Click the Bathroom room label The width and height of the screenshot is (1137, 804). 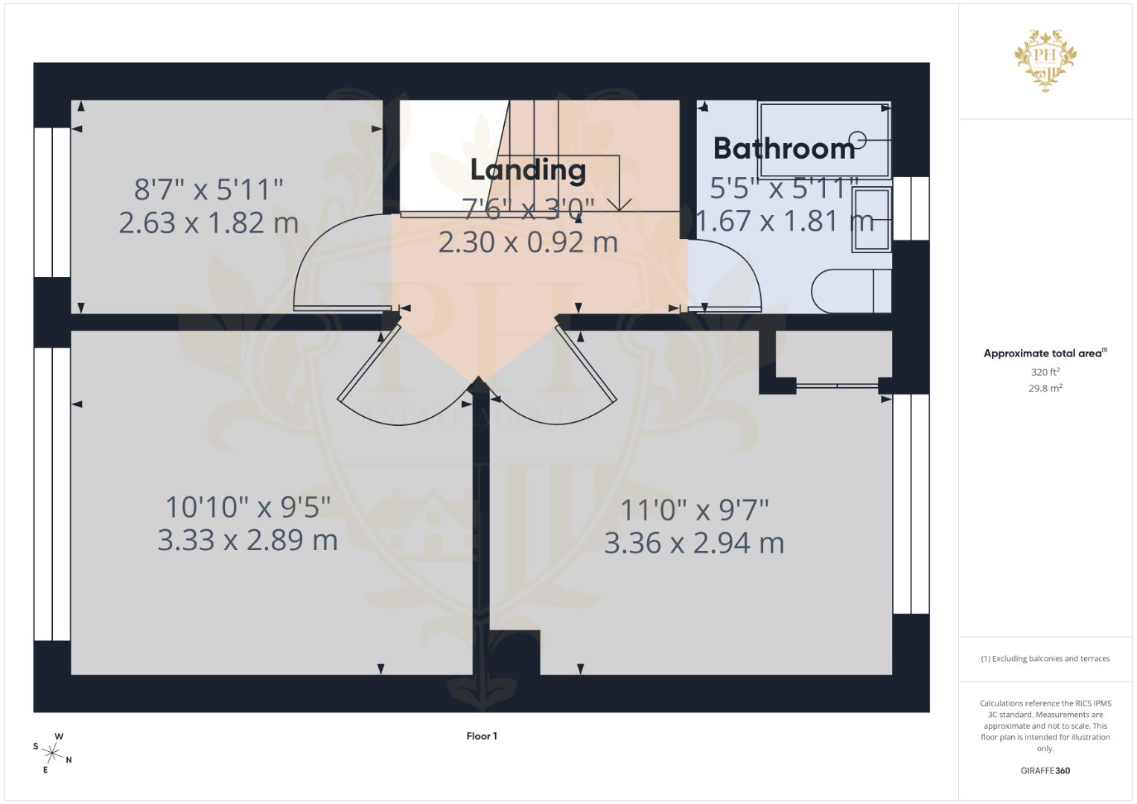(784, 149)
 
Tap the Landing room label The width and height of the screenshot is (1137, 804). (528, 170)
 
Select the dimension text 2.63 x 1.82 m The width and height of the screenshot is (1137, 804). (208, 223)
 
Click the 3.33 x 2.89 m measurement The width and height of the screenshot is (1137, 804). (247, 540)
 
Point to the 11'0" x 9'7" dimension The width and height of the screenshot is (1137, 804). (694, 511)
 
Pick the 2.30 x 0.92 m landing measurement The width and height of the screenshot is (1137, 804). (528, 242)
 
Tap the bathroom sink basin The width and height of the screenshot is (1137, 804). (870, 220)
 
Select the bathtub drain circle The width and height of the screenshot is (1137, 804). (858, 139)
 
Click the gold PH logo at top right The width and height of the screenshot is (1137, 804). (1045, 60)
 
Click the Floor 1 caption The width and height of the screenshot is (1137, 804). (482, 736)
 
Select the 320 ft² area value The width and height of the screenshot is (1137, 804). (1045, 372)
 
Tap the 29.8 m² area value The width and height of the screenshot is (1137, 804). (1045, 388)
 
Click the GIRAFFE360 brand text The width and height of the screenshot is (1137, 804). (1045, 770)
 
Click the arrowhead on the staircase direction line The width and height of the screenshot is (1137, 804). (620, 204)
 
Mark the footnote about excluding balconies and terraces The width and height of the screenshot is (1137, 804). (1045, 659)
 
